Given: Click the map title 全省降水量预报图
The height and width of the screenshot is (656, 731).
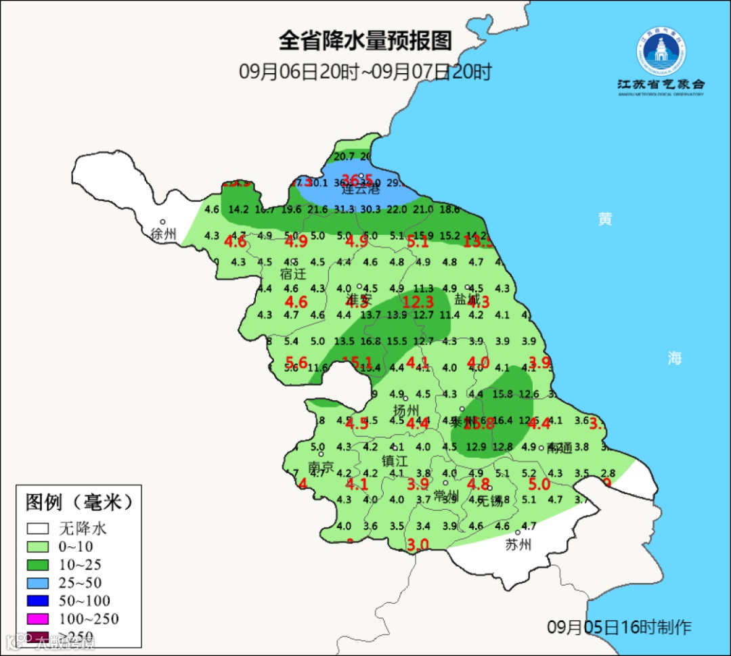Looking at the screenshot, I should click(x=365, y=41).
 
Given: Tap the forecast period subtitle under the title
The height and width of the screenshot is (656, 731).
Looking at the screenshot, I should click(x=365, y=72).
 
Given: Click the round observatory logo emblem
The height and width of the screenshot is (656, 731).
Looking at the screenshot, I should click(x=661, y=51).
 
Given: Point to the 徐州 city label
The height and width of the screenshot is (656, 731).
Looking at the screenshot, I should click(x=164, y=234).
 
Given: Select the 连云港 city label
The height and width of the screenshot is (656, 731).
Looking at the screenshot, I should click(x=361, y=190).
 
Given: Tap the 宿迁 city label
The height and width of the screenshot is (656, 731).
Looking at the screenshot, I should click(x=293, y=274).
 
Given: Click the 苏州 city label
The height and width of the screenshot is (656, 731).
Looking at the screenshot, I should click(x=518, y=545).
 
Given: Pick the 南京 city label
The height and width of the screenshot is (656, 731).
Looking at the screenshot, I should click(x=321, y=468).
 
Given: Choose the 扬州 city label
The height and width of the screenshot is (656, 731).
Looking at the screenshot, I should click(x=407, y=410).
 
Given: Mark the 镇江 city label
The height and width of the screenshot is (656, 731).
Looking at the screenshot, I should click(x=395, y=461).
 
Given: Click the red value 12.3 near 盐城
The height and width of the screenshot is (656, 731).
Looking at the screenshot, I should click(x=418, y=303).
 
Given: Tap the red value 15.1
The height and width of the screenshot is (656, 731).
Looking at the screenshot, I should click(x=357, y=362).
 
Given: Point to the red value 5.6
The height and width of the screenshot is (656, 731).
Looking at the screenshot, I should click(x=296, y=362).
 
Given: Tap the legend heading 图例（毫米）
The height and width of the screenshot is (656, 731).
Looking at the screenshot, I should click(x=79, y=502).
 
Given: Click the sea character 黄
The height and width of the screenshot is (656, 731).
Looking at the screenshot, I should click(x=605, y=219).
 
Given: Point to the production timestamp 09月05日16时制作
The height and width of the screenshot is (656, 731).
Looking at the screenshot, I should click(x=619, y=627).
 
